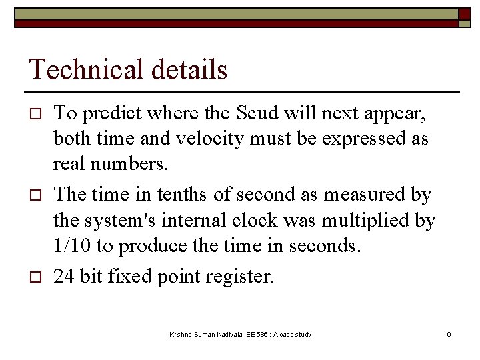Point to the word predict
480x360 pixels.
[108, 114]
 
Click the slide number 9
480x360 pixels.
[449, 333]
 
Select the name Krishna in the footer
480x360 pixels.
[181, 333]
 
